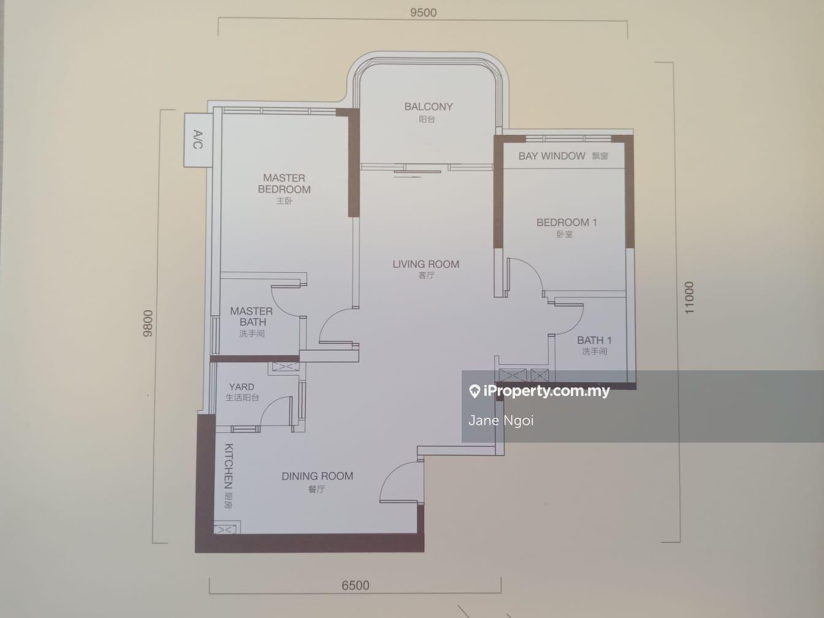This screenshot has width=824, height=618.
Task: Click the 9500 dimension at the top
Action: [x=423, y=13]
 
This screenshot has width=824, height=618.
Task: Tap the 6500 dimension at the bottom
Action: [x=355, y=586]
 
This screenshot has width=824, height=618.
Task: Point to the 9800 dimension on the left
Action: [x=148, y=323]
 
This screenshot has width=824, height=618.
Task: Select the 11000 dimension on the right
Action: [x=689, y=297]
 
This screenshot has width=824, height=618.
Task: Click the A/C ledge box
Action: [x=197, y=140]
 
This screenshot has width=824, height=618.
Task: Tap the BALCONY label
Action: [x=429, y=107]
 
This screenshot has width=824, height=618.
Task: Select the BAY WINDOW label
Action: [x=552, y=156]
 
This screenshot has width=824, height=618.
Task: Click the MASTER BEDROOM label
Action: [x=284, y=183]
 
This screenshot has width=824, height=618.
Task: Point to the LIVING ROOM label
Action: [x=425, y=264]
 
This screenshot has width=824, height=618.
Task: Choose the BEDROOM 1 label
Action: [x=566, y=223]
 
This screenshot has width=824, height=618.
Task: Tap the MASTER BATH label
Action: [x=251, y=316]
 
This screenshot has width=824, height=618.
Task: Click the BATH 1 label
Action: [x=594, y=340]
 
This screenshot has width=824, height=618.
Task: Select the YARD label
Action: [x=242, y=386]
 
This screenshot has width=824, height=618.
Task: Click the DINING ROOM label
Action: [x=317, y=476]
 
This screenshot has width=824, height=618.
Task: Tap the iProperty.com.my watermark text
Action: [x=547, y=391]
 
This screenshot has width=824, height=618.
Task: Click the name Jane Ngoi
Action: [x=501, y=420]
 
